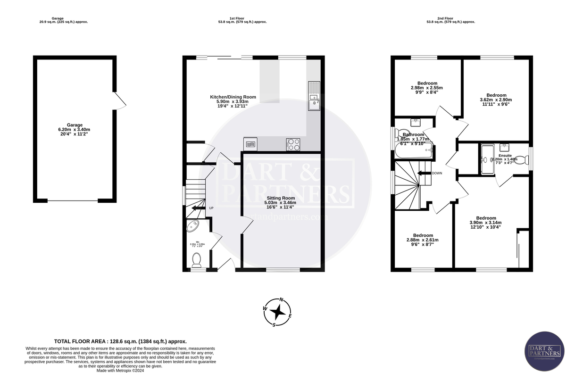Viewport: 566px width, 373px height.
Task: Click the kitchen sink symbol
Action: [313, 95]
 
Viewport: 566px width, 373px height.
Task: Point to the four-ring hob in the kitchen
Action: [293, 144]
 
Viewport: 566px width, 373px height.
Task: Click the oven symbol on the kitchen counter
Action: [250, 143]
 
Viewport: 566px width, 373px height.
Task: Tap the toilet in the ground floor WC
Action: [197, 258]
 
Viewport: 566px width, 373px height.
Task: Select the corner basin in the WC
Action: [193, 227]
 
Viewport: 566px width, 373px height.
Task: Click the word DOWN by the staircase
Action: [437, 173]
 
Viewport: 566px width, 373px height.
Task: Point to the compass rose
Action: [279, 312]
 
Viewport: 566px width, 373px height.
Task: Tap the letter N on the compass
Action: [282, 299]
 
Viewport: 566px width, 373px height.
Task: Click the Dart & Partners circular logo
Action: [544, 351]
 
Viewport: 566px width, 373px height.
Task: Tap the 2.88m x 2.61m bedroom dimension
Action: [423, 240]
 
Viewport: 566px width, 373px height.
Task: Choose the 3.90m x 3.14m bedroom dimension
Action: [485, 223]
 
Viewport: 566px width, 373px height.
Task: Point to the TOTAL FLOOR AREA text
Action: [120, 341]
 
